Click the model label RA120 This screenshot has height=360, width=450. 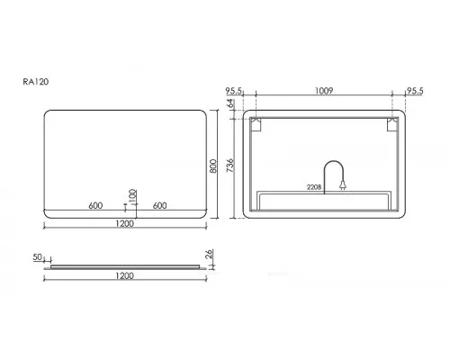[x=36, y=82]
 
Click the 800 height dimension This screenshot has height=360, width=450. [x=213, y=166]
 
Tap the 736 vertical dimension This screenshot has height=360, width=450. [x=229, y=166]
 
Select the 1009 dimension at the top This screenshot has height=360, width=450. [x=324, y=90]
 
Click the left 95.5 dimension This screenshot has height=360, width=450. [x=234, y=90]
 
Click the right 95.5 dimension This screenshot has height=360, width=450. [x=415, y=91]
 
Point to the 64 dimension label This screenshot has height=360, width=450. [x=229, y=103]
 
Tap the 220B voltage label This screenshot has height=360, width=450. [x=314, y=187]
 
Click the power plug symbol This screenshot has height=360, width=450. [x=343, y=185]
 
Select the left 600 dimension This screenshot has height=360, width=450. [x=95, y=205]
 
